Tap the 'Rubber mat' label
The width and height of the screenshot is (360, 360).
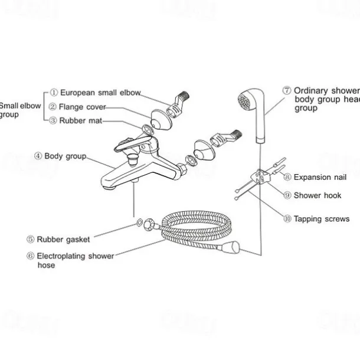pos(80,120)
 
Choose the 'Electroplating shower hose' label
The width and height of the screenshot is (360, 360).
pos(75,260)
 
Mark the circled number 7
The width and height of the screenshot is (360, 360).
pos(287,91)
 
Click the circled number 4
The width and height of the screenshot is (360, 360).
pos(38,156)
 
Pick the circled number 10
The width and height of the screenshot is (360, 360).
pos(287,219)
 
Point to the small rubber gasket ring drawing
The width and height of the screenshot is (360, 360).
pos(139,223)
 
